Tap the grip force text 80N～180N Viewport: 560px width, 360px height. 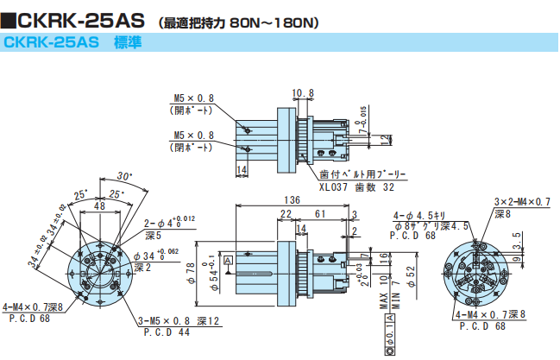coord(277,20)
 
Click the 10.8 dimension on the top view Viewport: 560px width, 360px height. coord(302,92)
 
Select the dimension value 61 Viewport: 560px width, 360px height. coord(319,213)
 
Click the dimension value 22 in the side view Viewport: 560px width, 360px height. coord(285,213)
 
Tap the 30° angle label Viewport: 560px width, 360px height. coord(125,173)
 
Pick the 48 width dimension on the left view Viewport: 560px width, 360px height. coord(100,206)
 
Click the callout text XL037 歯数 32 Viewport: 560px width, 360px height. coord(356,186)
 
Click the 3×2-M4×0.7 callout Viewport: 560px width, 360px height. coord(521,201)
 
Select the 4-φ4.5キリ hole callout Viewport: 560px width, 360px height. coord(419,214)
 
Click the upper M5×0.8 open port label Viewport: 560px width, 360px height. coord(193,98)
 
